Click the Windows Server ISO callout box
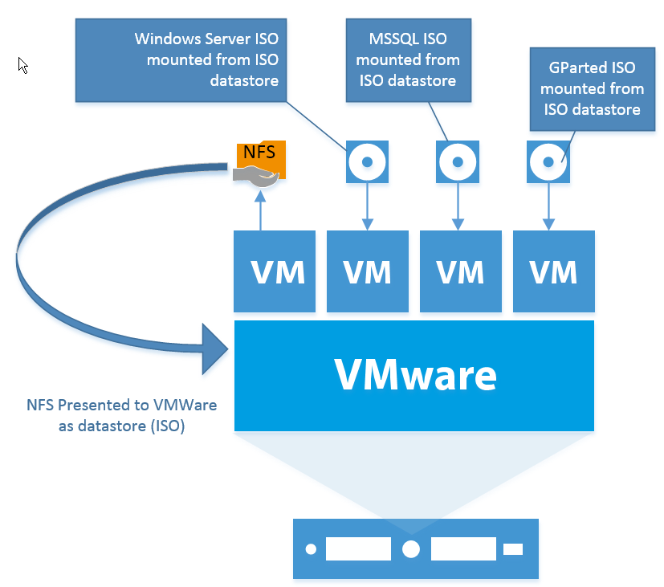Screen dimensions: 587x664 [x=182, y=59]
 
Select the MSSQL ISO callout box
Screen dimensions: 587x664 [x=408, y=59]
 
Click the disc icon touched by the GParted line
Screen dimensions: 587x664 [x=549, y=161]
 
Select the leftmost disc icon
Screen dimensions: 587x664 [x=367, y=161]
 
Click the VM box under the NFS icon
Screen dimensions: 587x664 [x=275, y=271]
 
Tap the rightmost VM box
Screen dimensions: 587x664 [x=554, y=271]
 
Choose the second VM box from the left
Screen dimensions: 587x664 [x=367, y=271]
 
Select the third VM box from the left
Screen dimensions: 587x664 [x=460, y=271]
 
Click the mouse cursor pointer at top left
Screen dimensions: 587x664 [x=23, y=65]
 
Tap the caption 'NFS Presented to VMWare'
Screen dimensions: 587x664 [x=121, y=404]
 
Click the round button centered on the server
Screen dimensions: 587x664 [x=411, y=549]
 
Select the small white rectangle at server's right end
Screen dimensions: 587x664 [x=512, y=549]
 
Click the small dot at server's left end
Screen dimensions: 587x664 [x=311, y=550]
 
